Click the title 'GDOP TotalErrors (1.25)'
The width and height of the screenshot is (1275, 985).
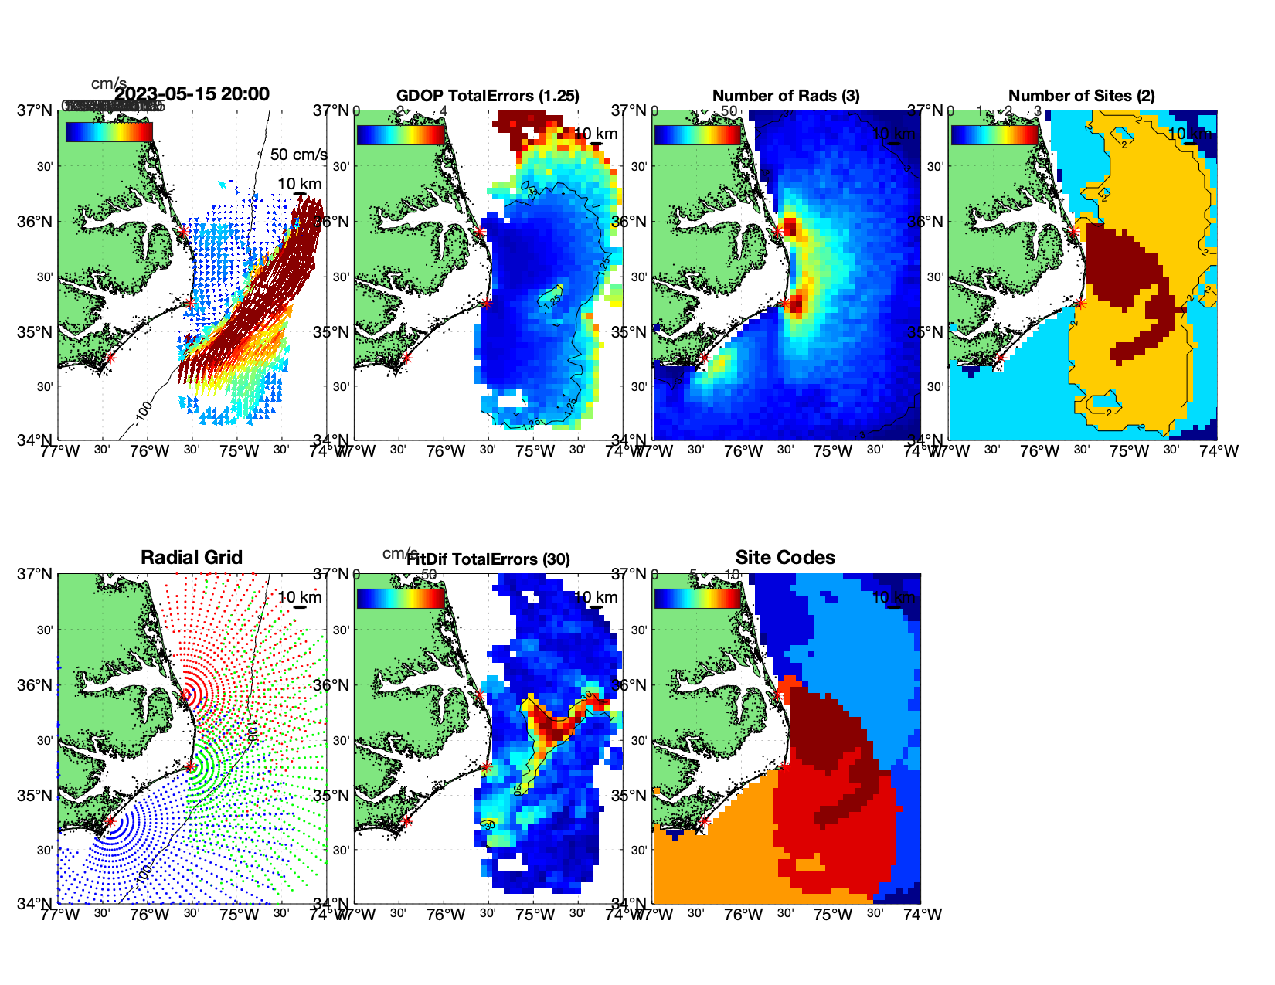(x=488, y=96)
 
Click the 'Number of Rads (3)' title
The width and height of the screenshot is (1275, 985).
(x=786, y=96)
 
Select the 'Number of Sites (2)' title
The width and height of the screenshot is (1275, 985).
(x=1081, y=96)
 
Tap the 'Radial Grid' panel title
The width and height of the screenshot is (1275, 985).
(x=192, y=558)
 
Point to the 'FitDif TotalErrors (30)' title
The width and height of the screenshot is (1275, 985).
(x=488, y=559)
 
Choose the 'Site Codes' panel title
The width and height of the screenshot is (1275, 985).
(x=785, y=558)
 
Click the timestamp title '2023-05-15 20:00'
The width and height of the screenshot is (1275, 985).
(x=192, y=94)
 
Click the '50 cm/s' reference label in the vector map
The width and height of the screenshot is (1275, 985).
(x=298, y=155)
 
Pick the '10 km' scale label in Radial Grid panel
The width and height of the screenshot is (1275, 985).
(x=300, y=597)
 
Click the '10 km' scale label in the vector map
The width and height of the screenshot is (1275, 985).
(x=300, y=184)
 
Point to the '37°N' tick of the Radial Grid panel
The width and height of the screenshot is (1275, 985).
(x=36, y=574)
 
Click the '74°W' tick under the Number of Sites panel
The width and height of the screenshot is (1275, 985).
(x=1219, y=451)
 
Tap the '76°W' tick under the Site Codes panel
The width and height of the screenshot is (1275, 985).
(x=743, y=915)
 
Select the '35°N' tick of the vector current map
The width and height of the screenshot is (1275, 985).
(x=36, y=332)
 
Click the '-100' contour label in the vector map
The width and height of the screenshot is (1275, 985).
(x=143, y=413)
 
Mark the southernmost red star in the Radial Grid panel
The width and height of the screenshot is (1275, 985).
(x=110, y=822)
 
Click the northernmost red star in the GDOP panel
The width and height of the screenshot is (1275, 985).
(x=479, y=231)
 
